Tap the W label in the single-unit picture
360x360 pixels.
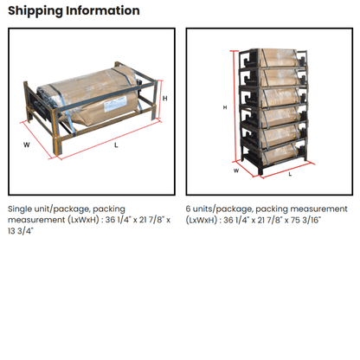tap(27, 145)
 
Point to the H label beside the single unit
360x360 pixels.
tap(164, 99)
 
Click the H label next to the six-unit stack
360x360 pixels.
tap(225, 107)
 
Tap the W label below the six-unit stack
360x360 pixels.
tap(237, 170)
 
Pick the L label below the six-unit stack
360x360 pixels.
tap(289, 174)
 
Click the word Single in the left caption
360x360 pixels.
tap(22, 209)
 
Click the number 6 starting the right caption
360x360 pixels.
tap(189, 209)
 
